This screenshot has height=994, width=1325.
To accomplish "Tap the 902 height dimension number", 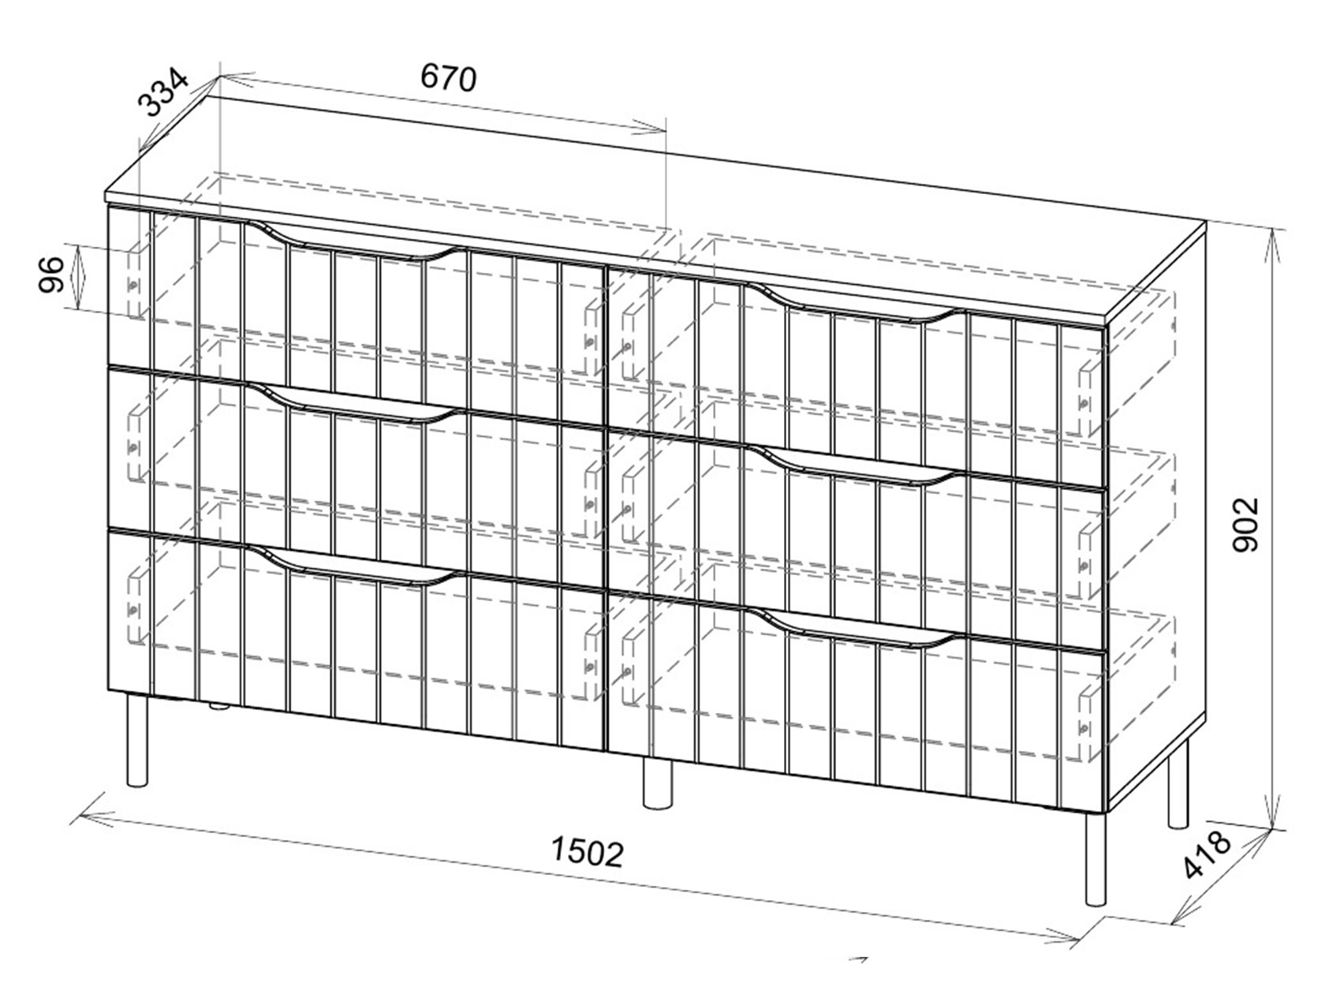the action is coord(1245,524).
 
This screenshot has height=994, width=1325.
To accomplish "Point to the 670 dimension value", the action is coord(448,78).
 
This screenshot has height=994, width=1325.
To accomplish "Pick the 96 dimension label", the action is coord(51,274).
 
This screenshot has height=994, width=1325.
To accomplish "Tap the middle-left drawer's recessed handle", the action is coord(356,403).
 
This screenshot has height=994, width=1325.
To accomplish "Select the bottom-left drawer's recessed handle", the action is coord(356,566).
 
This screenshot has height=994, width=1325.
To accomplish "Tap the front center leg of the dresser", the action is coord(657,782).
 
